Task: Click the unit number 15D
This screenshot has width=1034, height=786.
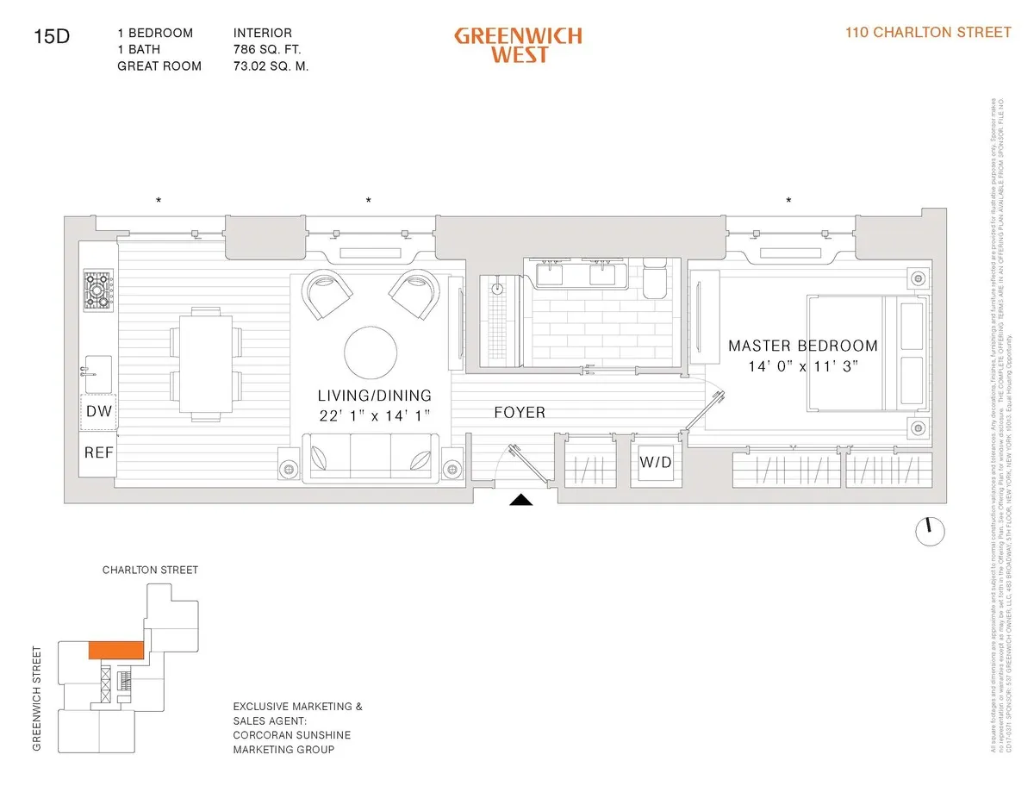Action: (51, 36)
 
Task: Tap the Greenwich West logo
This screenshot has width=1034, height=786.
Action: (518, 45)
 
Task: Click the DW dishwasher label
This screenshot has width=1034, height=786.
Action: (99, 412)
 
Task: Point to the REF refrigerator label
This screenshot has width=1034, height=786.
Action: (99, 452)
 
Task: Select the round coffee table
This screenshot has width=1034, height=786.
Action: (371, 351)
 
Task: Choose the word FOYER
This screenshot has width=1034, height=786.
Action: (520, 413)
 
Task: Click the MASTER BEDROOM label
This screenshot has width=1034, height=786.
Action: (803, 346)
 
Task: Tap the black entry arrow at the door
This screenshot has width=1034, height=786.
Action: (523, 499)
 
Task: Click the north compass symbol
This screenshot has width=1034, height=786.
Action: (929, 531)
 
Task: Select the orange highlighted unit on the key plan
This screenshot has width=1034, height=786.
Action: (117, 649)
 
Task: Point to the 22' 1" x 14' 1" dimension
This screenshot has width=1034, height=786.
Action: (374, 416)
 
